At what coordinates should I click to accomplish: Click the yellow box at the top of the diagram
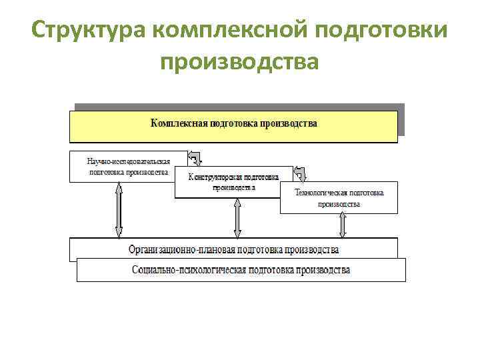[x=233, y=127]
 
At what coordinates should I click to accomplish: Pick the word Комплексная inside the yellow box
[x=179, y=123]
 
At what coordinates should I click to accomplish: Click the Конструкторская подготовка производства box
[x=233, y=182]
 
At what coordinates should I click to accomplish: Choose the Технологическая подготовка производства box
[x=339, y=197]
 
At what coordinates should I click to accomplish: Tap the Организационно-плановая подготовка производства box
[x=233, y=250]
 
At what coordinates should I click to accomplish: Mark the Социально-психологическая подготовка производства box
[x=241, y=270]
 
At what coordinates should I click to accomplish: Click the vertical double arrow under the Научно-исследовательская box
[x=119, y=210]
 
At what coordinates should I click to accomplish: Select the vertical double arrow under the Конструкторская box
[x=237, y=218]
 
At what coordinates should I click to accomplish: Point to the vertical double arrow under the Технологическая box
[x=343, y=225]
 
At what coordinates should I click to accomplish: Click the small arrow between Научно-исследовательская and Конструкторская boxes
[x=195, y=159]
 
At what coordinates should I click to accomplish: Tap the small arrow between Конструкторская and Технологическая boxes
[x=301, y=174]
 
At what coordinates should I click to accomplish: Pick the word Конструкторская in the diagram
[x=215, y=177]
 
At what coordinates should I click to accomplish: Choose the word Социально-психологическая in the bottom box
[x=189, y=270]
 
